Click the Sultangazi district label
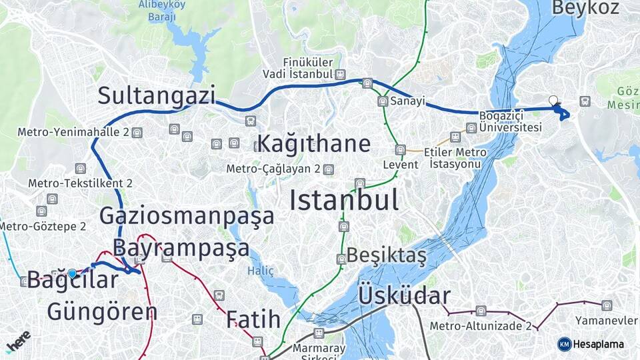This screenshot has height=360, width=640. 157,95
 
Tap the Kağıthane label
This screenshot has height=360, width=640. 313,143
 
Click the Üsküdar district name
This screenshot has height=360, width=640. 404,296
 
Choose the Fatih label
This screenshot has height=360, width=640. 253,319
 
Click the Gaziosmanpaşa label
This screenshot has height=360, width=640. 187,216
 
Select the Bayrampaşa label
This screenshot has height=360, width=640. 181,248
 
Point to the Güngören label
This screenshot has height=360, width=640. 102,311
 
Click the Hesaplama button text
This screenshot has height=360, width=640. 599,344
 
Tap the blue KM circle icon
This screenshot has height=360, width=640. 564,344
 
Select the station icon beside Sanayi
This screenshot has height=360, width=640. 383,101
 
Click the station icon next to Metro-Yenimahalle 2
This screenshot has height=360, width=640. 137,132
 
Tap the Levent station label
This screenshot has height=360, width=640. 401,164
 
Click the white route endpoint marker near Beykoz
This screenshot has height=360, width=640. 553,101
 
